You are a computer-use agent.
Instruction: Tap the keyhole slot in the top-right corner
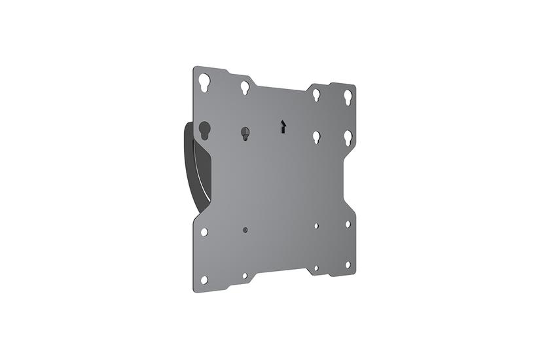(x=348, y=97)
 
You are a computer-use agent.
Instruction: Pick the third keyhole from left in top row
(x=315, y=94)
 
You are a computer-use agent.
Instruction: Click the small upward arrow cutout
(x=283, y=125)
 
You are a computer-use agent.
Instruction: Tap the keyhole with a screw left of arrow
(x=244, y=132)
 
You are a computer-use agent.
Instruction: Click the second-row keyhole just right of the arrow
(x=315, y=137)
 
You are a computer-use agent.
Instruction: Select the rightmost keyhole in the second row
(x=348, y=138)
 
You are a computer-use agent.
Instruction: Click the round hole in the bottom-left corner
(x=204, y=279)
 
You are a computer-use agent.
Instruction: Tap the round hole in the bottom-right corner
(x=348, y=265)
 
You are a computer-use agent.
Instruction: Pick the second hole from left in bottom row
(x=245, y=276)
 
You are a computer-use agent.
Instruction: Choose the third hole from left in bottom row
(x=315, y=268)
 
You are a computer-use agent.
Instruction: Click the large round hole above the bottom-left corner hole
(x=204, y=232)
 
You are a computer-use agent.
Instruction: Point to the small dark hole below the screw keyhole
(x=245, y=230)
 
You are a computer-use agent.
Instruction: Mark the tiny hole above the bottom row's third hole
(x=315, y=226)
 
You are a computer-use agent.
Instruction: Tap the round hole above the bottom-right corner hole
(x=348, y=224)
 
